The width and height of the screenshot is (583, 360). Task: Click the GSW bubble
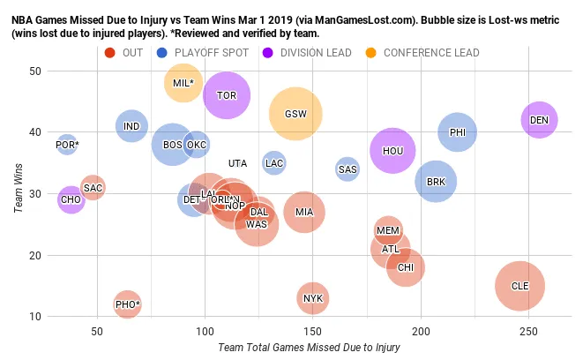tap(295, 114)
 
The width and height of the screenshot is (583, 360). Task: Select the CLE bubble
tap(519, 286)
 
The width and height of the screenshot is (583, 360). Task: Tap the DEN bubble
tap(540, 120)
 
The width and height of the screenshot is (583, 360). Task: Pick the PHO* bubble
tap(127, 304)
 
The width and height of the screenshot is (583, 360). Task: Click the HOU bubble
tap(392, 151)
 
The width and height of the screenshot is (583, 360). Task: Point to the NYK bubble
tap(313, 298)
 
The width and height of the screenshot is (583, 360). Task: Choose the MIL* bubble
tap(183, 83)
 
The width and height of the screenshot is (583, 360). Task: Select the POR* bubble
tap(67, 144)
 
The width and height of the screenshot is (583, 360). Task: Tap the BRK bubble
tap(436, 182)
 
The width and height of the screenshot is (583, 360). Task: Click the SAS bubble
tap(348, 169)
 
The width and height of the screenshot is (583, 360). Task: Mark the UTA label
tap(237, 163)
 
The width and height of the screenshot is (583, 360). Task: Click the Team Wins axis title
tap(17, 194)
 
